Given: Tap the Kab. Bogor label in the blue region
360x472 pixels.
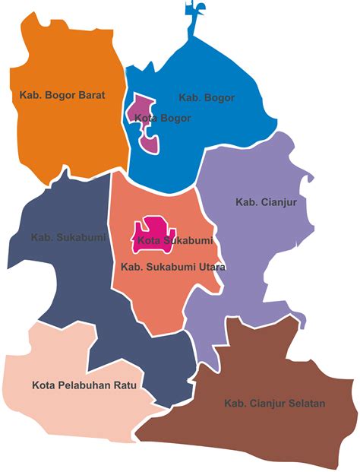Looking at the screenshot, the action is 207,98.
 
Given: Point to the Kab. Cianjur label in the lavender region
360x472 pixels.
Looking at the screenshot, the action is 266,202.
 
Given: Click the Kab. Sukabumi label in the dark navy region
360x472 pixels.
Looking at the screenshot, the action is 68,237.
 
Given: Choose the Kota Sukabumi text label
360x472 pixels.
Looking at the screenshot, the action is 174,241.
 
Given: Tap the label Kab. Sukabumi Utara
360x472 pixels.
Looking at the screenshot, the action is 173,268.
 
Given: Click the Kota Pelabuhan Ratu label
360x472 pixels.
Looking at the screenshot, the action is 84,385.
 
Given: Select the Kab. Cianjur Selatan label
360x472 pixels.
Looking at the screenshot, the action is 274,404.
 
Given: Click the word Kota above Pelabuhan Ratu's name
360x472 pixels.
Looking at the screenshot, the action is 44,385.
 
